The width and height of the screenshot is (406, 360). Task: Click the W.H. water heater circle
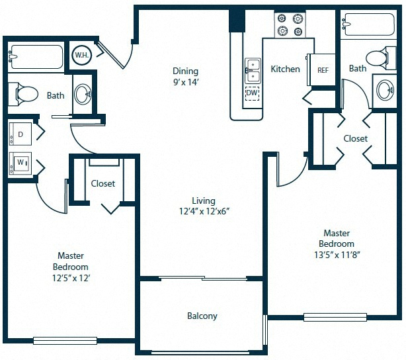coord(81,55)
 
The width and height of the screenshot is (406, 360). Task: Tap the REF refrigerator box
coord(321,69)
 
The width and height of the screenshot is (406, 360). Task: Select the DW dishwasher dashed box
coord(252,93)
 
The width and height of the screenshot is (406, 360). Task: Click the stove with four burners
coord(290,25)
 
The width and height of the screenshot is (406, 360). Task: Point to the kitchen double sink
coord(253,71)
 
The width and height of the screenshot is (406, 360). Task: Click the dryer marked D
coord(20,134)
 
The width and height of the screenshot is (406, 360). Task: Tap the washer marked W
coord(20,163)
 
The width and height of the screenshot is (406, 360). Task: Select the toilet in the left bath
coord(23,94)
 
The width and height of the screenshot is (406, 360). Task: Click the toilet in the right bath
coord(381,58)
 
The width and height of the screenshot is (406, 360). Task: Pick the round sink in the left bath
coord(83,94)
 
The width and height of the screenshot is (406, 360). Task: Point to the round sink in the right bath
coord(385,91)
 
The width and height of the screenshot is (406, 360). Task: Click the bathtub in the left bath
coord(36,57)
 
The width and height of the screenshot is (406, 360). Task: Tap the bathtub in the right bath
coord(368,24)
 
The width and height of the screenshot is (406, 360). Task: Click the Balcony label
coord(202,316)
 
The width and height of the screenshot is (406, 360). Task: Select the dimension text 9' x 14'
coord(186,83)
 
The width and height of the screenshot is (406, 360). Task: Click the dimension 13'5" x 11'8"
coord(337,255)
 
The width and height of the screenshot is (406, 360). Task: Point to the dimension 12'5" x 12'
coord(71,278)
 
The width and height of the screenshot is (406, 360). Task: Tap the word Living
coord(204,201)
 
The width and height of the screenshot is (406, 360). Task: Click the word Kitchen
coord(286,69)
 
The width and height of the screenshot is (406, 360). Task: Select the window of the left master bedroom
coord(65,341)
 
